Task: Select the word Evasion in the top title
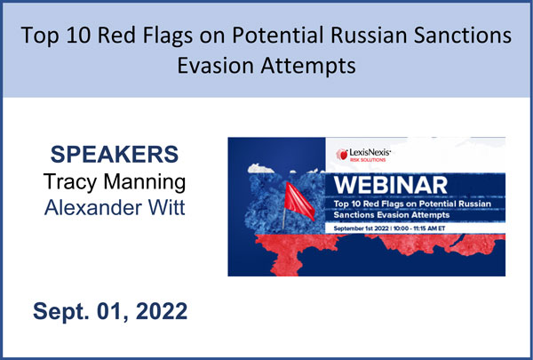[x=216, y=65]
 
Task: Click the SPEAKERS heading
[x=115, y=154]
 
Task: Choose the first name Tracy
[x=70, y=183]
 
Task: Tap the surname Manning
[x=145, y=183]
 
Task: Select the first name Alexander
[x=92, y=207]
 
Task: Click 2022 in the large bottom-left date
[x=162, y=310]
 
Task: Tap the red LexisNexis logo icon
[x=342, y=155]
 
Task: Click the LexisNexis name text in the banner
[x=370, y=152]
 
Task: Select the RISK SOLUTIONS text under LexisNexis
[x=368, y=160]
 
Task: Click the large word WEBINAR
[x=391, y=185]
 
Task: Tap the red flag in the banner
[x=299, y=201]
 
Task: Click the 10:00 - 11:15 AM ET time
[x=419, y=228]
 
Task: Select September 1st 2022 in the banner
[x=361, y=228]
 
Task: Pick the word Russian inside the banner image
[x=475, y=204]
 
